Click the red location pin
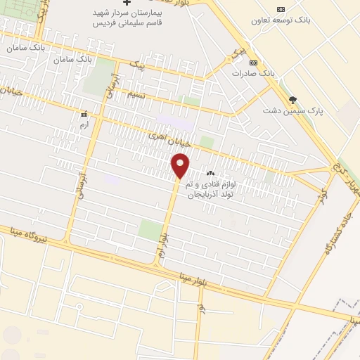tap(181, 166)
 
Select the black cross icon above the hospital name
tap(127, 4)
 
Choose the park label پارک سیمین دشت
tap(288, 110)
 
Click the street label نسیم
tap(136, 94)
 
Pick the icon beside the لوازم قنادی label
tap(210, 173)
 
